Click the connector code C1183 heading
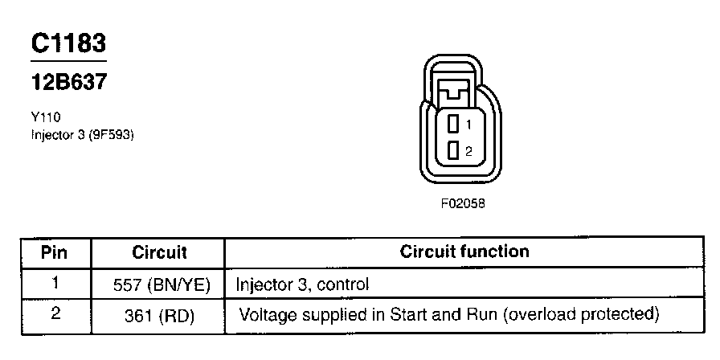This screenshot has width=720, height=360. (68, 43)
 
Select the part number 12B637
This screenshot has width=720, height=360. (68, 82)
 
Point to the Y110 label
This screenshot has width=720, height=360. (42, 117)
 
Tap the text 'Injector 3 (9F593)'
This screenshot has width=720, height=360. (81, 134)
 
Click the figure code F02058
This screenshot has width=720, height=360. (463, 203)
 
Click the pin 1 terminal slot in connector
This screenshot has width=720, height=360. (453, 125)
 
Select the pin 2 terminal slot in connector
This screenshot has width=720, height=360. (453, 150)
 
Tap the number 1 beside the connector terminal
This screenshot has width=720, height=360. (468, 125)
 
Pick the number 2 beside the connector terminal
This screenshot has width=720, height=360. (468, 150)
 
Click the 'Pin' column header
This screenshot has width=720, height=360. (55, 252)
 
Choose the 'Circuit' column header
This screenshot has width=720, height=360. (159, 252)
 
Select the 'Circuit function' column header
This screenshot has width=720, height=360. (464, 252)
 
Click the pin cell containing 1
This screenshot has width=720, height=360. (55, 283)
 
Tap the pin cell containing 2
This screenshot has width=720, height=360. (55, 313)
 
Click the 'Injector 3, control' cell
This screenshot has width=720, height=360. (302, 284)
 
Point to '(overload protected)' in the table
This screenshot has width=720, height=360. (581, 313)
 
